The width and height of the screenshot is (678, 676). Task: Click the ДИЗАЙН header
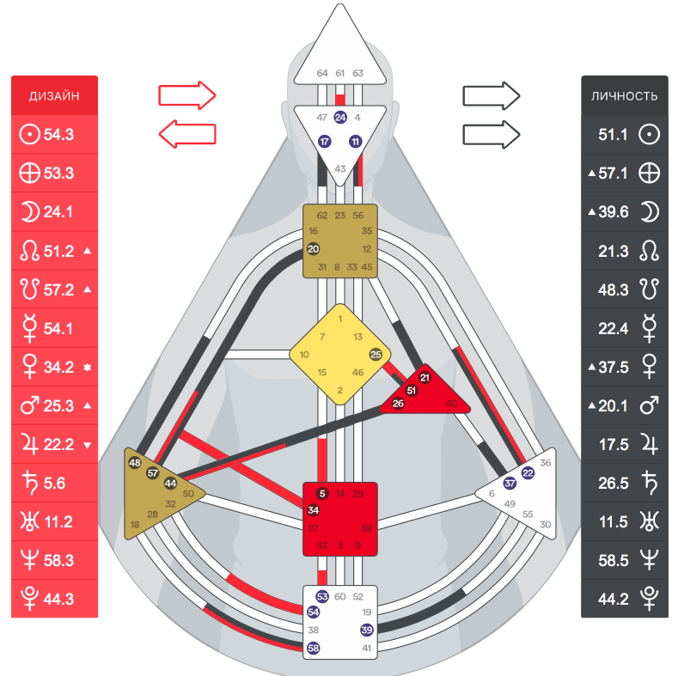tap(54, 95)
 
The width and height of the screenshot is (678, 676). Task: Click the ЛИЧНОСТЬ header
tap(625, 95)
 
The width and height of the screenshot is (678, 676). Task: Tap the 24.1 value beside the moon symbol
tap(58, 212)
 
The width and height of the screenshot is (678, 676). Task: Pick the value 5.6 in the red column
tap(55, 483)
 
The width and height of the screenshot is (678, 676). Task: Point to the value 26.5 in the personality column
tap(614, 483)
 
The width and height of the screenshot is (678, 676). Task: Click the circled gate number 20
tap(313, 248)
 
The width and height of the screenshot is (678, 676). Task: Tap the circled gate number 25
tap(375, 354)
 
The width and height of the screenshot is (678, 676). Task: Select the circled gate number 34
tap(313, 510)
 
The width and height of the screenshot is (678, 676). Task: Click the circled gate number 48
tap(134, 463)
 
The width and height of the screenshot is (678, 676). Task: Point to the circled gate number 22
tap(528, 472)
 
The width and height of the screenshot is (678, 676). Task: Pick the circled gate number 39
tap(367, 630)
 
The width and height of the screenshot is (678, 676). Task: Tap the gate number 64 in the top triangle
tap(321, 73)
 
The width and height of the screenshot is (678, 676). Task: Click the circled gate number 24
tap(340, 117)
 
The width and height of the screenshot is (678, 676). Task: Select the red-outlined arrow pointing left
tap(186, 133)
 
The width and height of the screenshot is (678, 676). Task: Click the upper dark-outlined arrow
tap(492, 94)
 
